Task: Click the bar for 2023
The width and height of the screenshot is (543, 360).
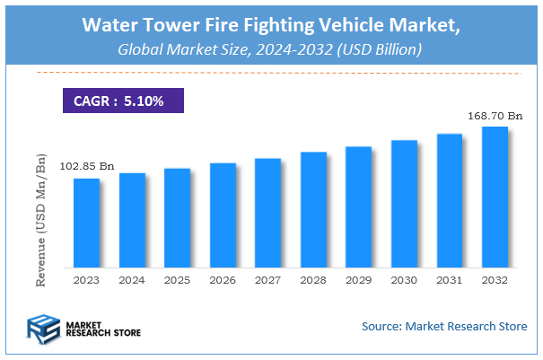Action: [86, 223]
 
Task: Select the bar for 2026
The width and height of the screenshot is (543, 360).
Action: [223, 215]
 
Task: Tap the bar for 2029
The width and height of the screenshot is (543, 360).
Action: [358, 206]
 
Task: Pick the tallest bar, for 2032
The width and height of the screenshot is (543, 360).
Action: [495, 197]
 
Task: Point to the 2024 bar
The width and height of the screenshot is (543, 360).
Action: [132, 220]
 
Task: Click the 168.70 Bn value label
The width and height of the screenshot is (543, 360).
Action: [495, 116]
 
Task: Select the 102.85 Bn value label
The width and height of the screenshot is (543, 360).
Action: [87, 167]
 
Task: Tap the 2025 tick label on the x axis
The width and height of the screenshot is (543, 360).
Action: [177, 281]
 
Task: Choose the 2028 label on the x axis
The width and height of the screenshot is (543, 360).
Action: [313, 281]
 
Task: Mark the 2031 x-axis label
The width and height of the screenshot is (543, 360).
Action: [449, 281]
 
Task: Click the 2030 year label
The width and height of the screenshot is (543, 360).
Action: [404, 281]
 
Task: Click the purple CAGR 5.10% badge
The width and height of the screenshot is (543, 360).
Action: [121, 101]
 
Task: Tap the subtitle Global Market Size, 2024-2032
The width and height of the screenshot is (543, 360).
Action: [270, 51]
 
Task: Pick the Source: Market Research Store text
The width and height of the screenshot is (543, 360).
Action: [444, 326]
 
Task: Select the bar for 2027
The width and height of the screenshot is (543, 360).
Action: [267, 213]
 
